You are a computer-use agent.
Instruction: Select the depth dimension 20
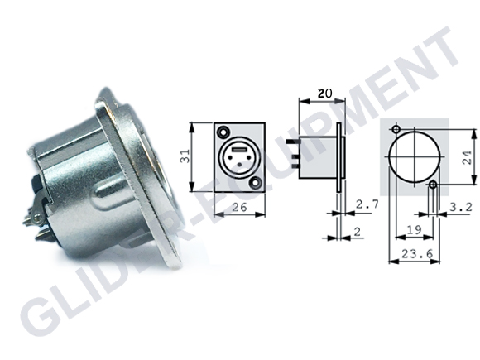click(x=326, y=94)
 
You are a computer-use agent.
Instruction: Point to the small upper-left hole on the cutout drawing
click(x=397, y=132)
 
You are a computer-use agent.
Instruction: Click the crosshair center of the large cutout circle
click(x=415, y=160)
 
